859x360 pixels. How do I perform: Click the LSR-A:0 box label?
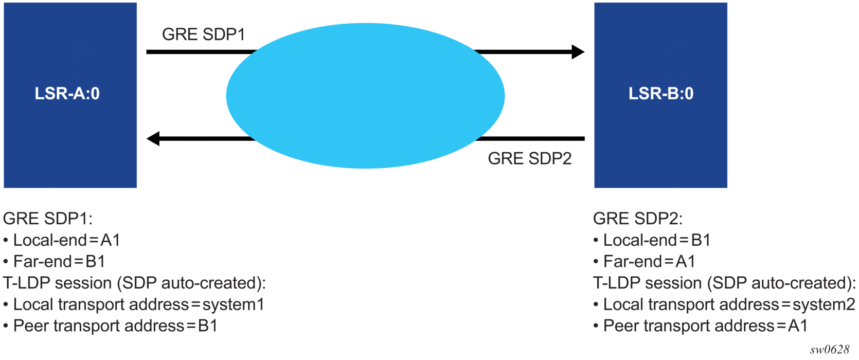pos(67,94)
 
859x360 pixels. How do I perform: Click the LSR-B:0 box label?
pos(661,94)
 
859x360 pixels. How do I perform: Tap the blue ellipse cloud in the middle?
pos(365,96)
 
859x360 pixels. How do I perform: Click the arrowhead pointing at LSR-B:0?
pos(578,52)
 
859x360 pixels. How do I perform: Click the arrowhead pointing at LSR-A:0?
pos(153,138)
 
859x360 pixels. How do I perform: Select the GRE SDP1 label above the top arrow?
pos(203,34)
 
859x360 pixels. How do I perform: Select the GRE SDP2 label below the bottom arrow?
pos(529,158)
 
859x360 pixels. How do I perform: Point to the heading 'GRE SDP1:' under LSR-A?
pos(47,219)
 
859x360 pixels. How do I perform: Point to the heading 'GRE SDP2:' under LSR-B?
pos(637,219)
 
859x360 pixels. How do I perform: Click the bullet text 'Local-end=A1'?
pos(66,240)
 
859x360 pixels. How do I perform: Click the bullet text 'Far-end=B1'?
pos(59,262)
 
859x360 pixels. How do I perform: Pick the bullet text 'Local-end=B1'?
pos(656,240)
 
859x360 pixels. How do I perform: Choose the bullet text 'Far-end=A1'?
pos(649,262)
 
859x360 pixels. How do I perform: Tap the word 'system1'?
pos(233,304)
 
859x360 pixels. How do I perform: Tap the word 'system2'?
pos(823,304)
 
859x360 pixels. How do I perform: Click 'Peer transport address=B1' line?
pos(115,326)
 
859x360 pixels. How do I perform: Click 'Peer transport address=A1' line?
pos(705,326)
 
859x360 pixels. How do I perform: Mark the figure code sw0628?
pos(829,350)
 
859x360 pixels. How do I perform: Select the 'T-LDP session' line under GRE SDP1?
pos(134,283)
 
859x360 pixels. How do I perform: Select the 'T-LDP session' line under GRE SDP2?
pos(724,283)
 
